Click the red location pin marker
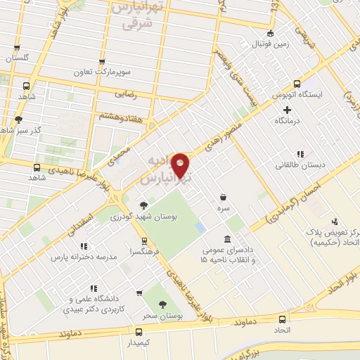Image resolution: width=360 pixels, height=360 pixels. [181, 165]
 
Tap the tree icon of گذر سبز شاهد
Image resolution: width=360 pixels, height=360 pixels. [18, 119]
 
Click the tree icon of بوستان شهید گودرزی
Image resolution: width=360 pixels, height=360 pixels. [143, 205]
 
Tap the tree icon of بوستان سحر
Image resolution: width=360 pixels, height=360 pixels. [163, 304]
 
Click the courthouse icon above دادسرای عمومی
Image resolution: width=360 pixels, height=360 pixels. [226, 240]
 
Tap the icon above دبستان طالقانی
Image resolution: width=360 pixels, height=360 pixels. [300, 154]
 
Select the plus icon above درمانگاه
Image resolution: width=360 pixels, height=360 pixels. [287, 110]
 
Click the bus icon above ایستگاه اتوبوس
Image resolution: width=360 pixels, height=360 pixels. [297, 82]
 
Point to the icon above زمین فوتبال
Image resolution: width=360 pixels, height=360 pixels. [269, 34]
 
